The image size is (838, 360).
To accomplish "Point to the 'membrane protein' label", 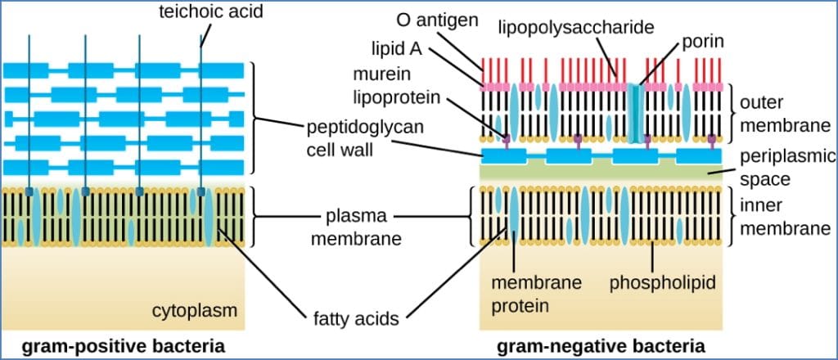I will click(x=536, y=293).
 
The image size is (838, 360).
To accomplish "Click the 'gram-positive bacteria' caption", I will click(x=124, y=344).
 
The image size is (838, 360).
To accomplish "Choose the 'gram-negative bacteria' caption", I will click(x=601, y=344).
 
